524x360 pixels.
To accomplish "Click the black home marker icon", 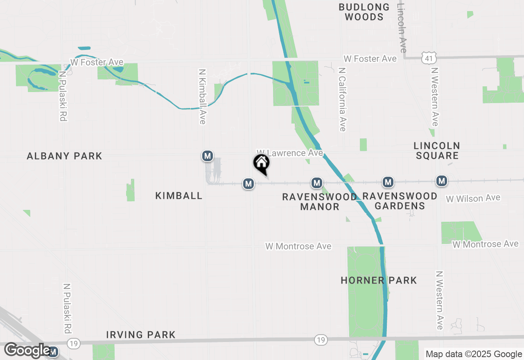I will (x=262, y=164).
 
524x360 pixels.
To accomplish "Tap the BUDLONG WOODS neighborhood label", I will (x=364, y=12).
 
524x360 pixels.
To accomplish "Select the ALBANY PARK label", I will (x=64, y=156).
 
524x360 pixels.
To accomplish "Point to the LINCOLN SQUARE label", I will (x=437, y=151).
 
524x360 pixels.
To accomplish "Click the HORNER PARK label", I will (x=379, y=280).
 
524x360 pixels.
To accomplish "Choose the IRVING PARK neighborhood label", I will (x=141, y=335).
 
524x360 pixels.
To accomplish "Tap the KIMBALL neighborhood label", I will (x=179, y=196).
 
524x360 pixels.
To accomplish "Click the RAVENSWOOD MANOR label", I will (x=319, y=202).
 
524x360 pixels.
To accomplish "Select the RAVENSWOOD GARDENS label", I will (x=400, y=201).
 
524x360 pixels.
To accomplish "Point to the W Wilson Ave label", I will (x=473, y=198).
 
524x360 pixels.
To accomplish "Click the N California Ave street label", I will (x=342, y=99).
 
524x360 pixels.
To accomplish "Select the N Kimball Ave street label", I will (x=202, y=96).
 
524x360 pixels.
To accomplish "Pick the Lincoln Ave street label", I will (x=402, y=28).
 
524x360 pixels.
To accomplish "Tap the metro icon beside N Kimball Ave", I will (x=208, y=155).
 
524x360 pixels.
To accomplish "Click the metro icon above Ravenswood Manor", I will (x=316, y=183).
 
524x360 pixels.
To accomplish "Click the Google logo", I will (x=27, y=350).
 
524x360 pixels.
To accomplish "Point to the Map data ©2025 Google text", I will (x=474, y=354).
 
